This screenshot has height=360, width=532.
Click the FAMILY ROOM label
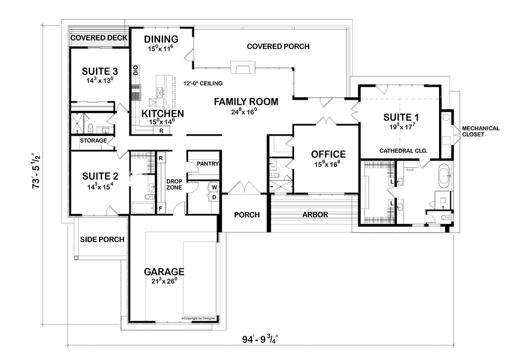click(246, 102)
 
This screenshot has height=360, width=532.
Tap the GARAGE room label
click(164, 272)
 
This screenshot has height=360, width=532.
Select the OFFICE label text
click(328, 154)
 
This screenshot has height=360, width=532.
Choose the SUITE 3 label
click(100, 71)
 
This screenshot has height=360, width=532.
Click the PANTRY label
click(204, 164)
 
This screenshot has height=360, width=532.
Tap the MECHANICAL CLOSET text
click(481, 131)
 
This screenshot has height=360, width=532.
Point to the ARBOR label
click(314, 215)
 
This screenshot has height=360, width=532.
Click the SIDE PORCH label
click(102, 239)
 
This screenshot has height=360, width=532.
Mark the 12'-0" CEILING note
click(203, 83)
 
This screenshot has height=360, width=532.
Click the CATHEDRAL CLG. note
click(403, 151)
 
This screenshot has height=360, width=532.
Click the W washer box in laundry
click(214, 187)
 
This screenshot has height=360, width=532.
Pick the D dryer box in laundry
click(214, 197)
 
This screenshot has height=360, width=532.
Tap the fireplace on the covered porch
click(243, 66)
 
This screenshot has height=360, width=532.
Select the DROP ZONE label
click(174, 184)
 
